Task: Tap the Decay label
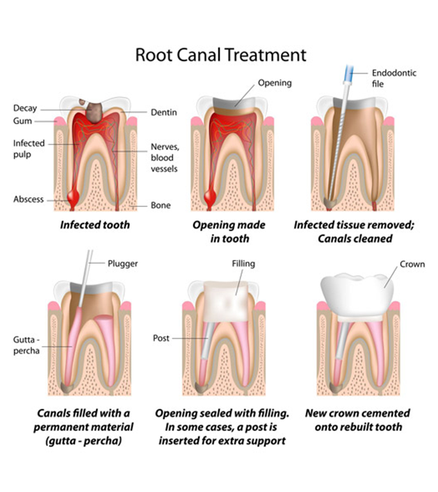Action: point(25,108)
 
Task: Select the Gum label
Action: point(23,121)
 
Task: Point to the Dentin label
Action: point(164,112)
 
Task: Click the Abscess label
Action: point(29,199)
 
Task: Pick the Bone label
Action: point(161,206)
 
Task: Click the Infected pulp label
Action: point(29,149)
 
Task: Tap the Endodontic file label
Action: point(395,78)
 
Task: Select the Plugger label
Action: point(123,264)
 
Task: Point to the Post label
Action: point(161,338)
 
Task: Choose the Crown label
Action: point(412,265)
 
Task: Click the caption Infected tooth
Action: point(95,225)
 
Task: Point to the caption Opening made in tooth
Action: point(221,232)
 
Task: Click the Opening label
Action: point(275,83)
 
